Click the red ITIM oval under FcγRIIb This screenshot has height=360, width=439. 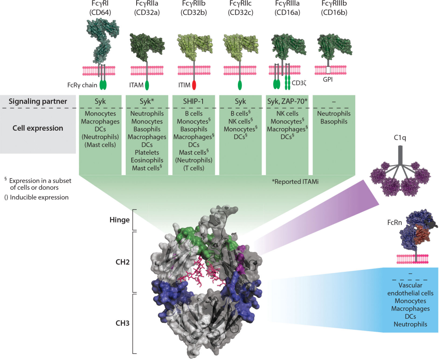(x=194, y=85)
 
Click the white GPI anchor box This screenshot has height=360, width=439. (x=328, y=70)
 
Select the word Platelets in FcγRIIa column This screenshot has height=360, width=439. (x=147, y=152)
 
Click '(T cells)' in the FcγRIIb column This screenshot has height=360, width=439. (x=194, y=168)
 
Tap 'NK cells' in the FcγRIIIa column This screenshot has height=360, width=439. (x=287, y=113)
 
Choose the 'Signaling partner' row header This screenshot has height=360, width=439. (x=38, y=101)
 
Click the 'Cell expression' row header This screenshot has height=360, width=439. (x=38, y=128)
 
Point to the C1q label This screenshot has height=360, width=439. (x=404, y=137)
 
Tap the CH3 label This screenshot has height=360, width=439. (x=123, y=322)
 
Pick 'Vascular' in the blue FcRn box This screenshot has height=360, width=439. (x=410, y=286)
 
